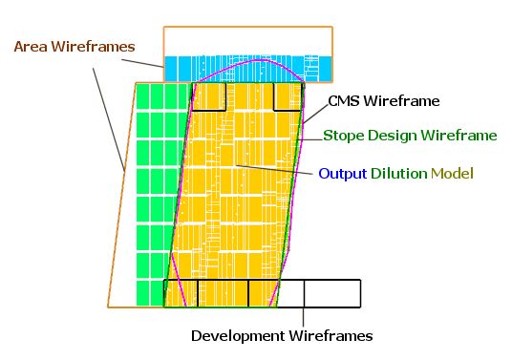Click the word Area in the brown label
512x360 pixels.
click(31, 47)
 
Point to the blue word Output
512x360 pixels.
click(343, 173)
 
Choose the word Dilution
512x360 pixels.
click(398, 173)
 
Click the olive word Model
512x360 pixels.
click(452, 173)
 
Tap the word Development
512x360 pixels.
click(238, 336)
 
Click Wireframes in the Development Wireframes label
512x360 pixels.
click(331, 335)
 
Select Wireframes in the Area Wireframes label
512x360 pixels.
click(93, 47)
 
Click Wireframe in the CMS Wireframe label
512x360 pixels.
click(401, 101)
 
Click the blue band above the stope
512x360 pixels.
click(248, 69)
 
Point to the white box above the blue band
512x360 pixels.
click(248, 41)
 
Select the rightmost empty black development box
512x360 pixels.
click(332, 293)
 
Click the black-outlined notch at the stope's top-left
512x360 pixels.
click(209, 96)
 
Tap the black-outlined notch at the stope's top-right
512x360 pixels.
click(288, 96)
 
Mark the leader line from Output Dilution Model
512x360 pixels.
click(274, 170)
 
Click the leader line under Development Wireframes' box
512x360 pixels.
click(304, 317)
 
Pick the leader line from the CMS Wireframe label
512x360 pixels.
click(316, 114)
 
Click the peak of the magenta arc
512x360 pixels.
click(260, 60)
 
